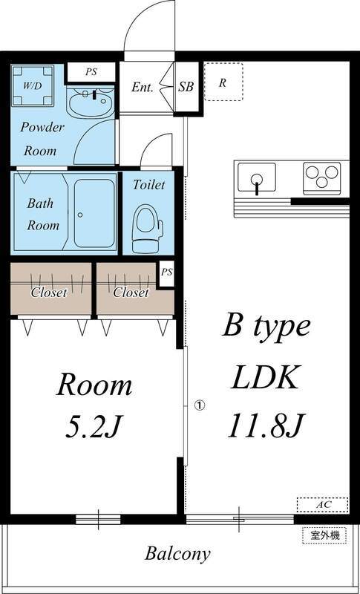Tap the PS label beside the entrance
91,72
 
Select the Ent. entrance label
143,87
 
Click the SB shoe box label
186,87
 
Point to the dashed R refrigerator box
223,82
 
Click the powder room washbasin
91,102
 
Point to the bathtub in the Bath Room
94,213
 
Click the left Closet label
49,292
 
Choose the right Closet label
131,292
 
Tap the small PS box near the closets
167,272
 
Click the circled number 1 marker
199,405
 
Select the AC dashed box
322,505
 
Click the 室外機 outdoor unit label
325,535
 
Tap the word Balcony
177,553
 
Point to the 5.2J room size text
94,426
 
